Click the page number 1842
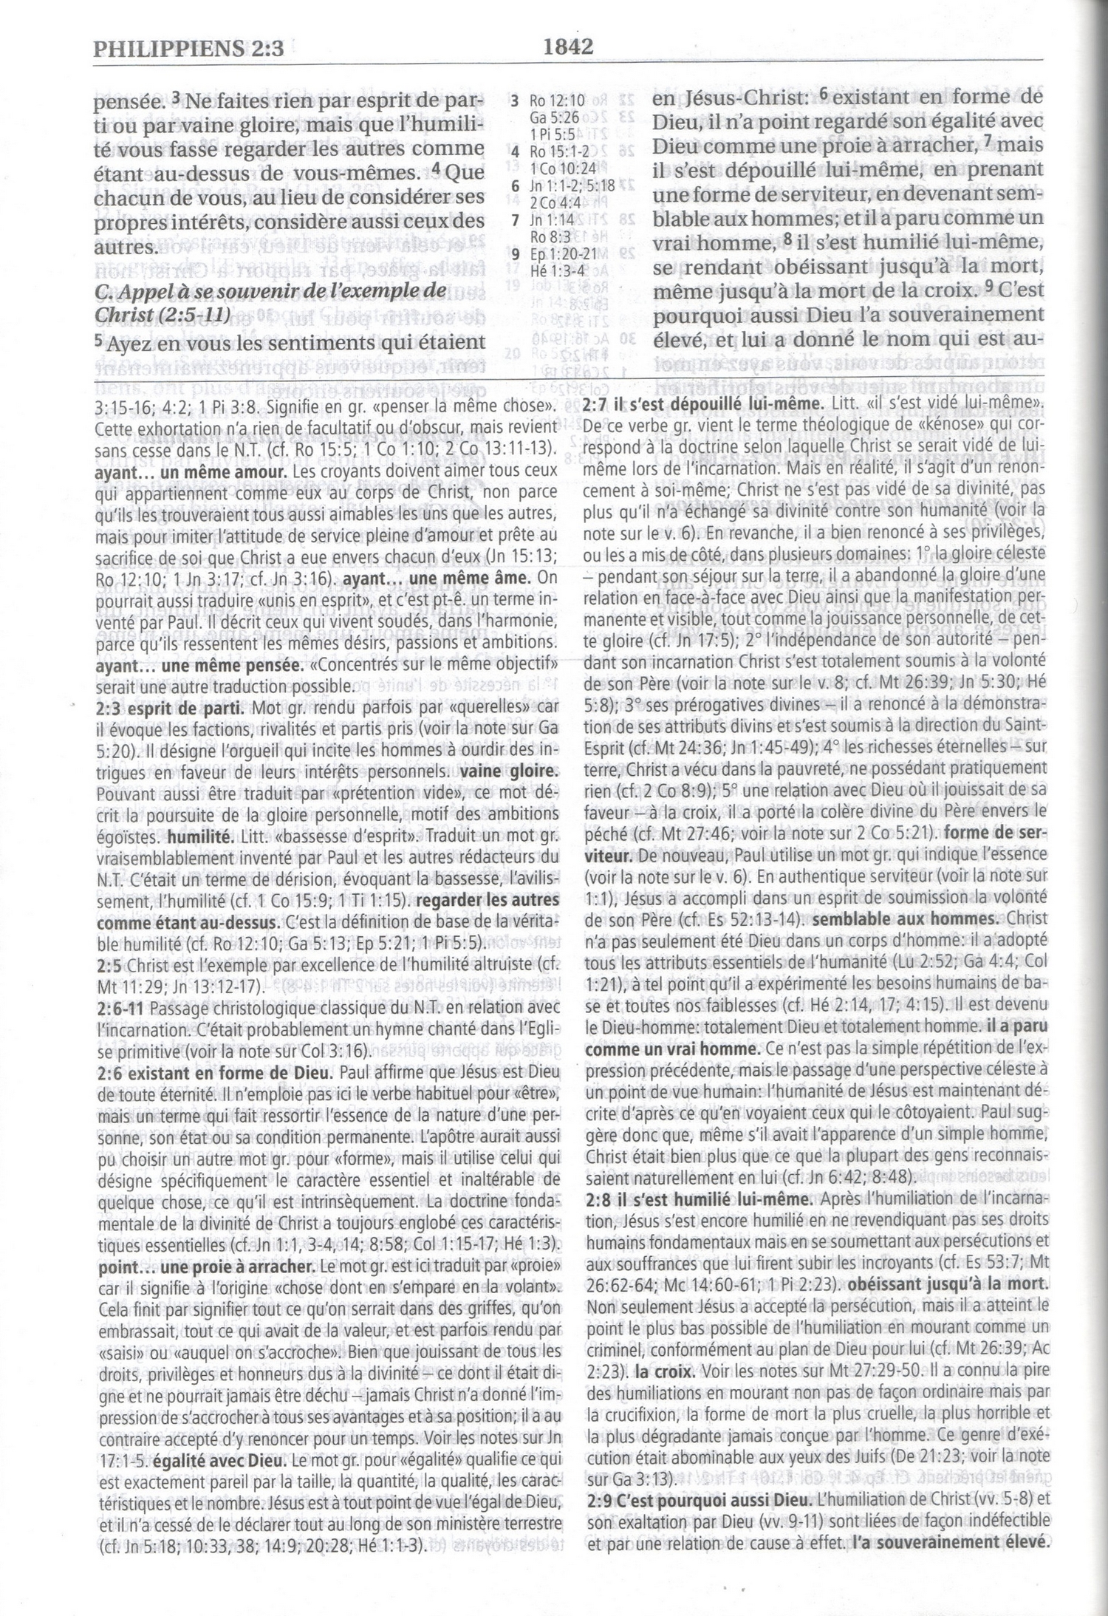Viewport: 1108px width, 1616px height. click(x=568, y=47)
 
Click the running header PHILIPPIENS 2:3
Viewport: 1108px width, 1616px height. click(x=189, y=50)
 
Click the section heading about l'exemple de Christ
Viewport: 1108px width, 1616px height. click(x=273, y=302)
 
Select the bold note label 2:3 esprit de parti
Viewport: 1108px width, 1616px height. click(x=170, y=706)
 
